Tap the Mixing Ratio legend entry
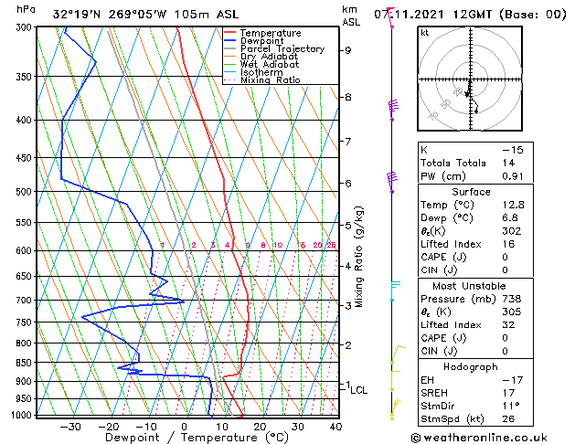point(270,80)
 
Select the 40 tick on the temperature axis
point(335,427)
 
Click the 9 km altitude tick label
point(348,50)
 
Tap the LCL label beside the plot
point(358,390)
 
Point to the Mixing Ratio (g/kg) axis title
point(359,257)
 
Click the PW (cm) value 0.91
point(513,176)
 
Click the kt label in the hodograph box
point(425,33)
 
